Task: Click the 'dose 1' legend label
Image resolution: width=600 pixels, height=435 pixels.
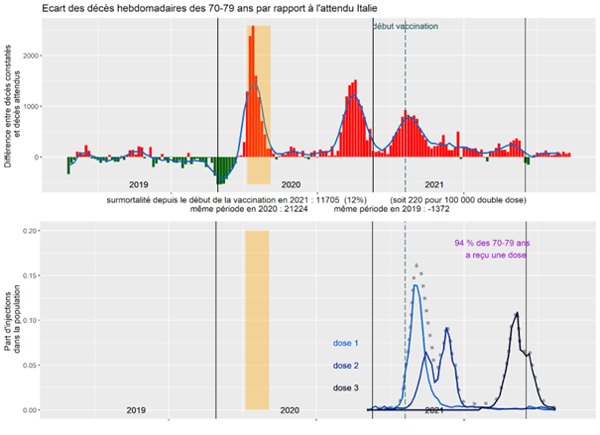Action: point(345,343)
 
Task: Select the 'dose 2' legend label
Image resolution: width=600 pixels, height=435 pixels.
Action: point(345,365)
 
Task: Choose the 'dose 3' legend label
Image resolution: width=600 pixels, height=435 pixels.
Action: point(345,387)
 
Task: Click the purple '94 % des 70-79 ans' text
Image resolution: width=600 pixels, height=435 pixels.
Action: point(493,243)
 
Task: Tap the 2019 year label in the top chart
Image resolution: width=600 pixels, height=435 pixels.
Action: point(138,185)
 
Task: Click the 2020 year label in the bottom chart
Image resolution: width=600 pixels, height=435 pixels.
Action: point(290,409)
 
